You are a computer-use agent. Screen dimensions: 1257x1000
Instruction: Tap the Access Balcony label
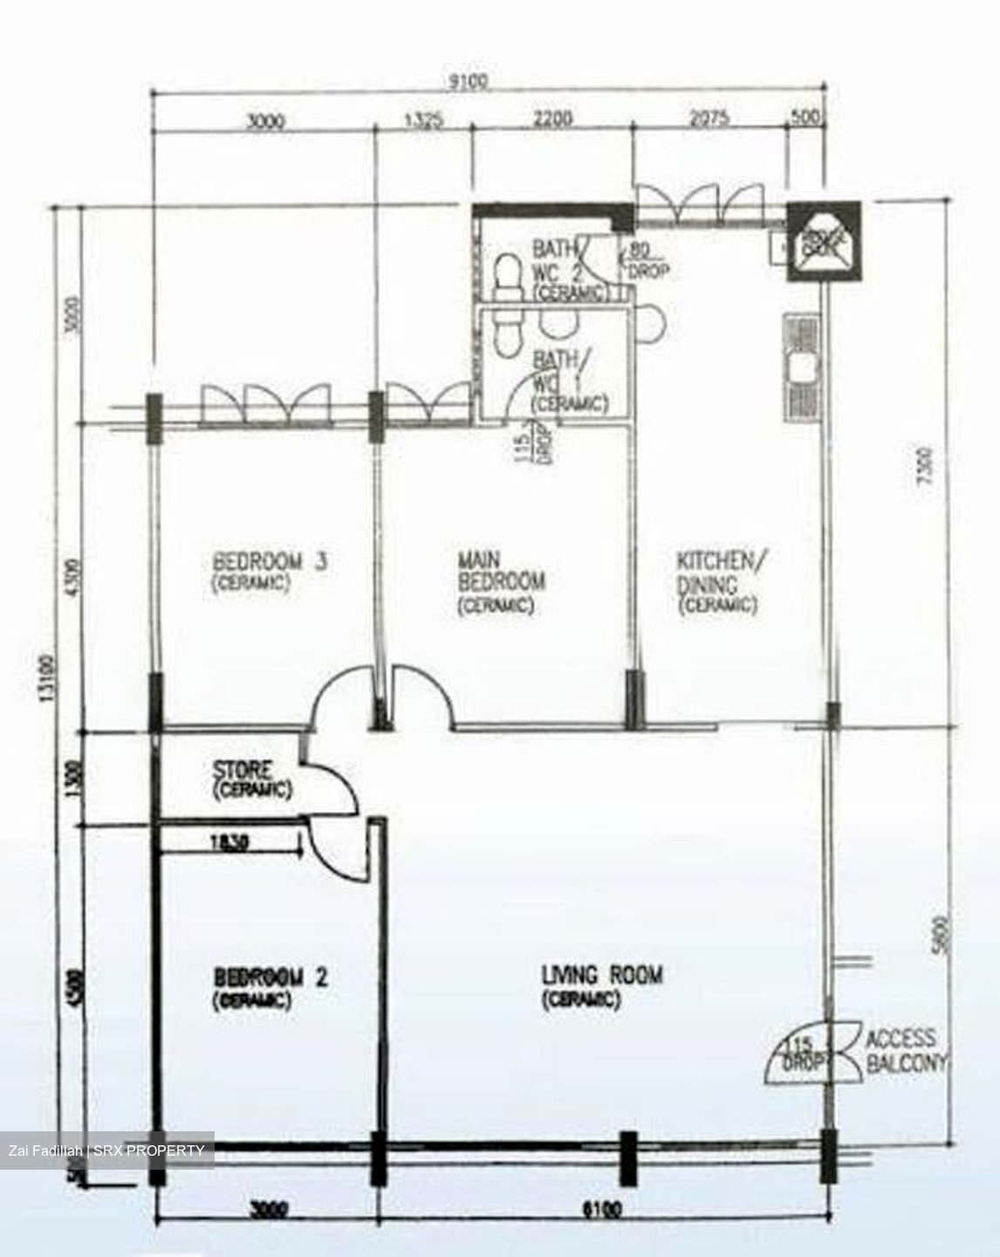(902, 1050)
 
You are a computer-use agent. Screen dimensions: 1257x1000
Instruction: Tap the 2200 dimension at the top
(552, 118)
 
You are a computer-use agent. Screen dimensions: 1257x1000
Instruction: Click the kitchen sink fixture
(803, 365)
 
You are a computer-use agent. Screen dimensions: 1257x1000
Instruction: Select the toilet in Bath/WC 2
(503, 273)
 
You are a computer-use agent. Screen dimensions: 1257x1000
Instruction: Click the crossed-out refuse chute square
(824, 242)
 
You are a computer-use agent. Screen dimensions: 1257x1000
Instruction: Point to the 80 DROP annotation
(647, 263)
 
